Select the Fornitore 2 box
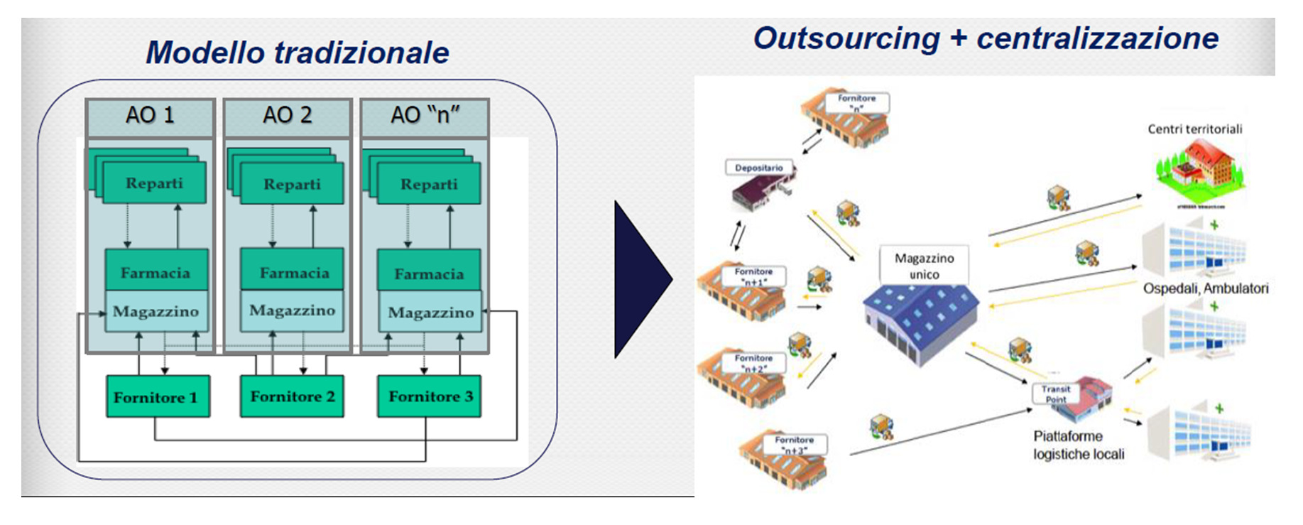292,396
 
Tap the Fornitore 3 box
430,396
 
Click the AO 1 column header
150,116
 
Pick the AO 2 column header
288,116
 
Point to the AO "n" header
425,116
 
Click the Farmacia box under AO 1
156,271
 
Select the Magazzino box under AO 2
292,311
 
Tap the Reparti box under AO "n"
429,184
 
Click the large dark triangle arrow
639,279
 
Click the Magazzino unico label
924,266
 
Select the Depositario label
758,168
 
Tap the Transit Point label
1055,394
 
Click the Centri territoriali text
1194,129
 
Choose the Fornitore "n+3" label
794,445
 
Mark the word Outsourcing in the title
846,38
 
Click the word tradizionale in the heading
361,53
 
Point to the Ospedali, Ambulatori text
1205,288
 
